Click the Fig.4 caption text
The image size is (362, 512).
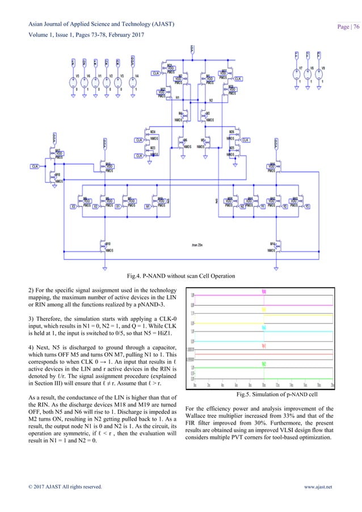click(180, 276)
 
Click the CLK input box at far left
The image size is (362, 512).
click(35, 166)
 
